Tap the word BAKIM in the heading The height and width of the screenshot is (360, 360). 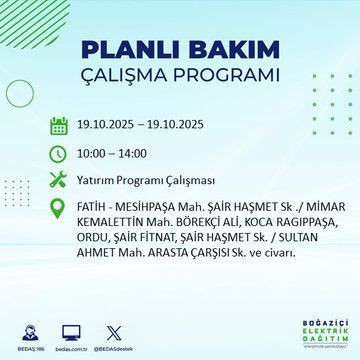(227, 51)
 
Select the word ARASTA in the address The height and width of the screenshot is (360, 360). (166, 256)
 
